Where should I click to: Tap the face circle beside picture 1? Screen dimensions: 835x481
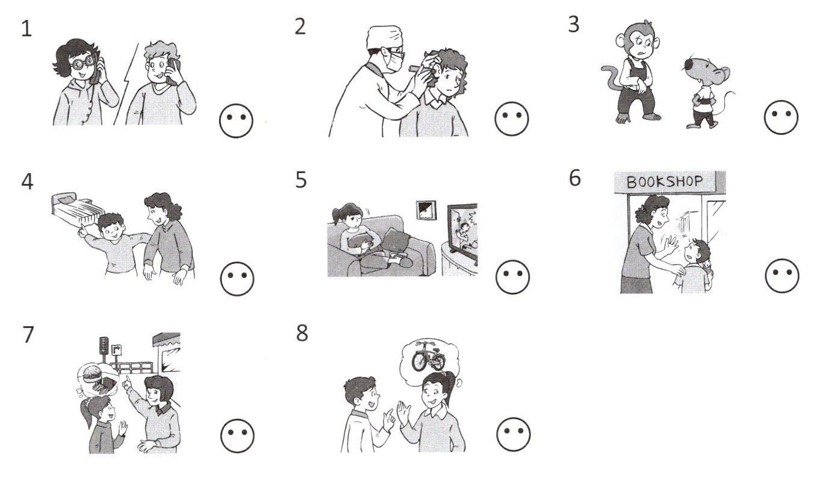click(x=236, y=121)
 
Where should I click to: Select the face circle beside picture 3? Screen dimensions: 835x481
click(x=781, y=117)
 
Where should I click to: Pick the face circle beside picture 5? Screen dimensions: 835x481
click(x=512, y=277)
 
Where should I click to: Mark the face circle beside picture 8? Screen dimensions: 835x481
click(x=514, y=435)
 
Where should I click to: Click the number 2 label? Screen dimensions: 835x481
click(x=300, y=27)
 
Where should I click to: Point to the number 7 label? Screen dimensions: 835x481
click(x=28, y=335)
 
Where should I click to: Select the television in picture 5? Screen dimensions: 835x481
click(x=462, y=232)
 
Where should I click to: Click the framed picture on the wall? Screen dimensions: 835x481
click(x=426, y=210)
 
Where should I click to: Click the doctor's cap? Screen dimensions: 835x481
click(x=384, y=37)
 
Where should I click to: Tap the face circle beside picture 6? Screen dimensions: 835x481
click(x=782, y=276)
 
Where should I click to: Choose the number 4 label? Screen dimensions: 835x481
click(x=27, y=183)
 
